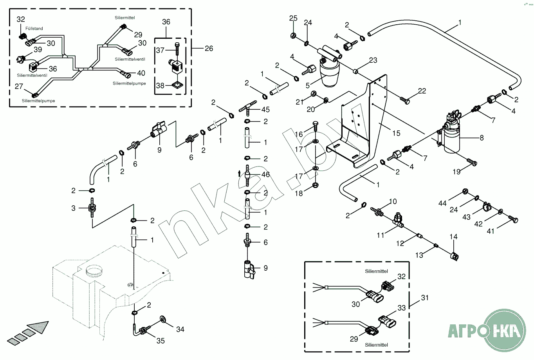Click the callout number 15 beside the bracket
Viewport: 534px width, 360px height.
pos(396,133)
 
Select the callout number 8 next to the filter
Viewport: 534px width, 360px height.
pos(482,137)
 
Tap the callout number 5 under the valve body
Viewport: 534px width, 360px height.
pos(308,85)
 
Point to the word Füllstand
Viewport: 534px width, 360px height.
pos(34,29)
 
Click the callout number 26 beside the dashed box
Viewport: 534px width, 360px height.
pos(209,48)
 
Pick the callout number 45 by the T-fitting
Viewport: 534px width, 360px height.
pos(265,110)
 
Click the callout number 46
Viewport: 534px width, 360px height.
pos(265,175)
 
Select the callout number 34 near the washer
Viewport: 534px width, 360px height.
pos(180,329)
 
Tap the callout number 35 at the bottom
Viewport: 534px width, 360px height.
pos(161,341)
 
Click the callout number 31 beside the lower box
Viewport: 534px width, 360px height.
pos(425,298)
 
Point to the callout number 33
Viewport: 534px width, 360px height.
pos(402,308)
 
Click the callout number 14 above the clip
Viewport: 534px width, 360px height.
pos(453,237)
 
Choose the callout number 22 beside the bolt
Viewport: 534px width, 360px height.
pos(422,91)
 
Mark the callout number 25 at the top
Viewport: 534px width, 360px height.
pos(293,18)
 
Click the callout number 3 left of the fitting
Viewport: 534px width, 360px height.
pos(73,208)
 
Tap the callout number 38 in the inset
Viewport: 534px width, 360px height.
pos(160,85)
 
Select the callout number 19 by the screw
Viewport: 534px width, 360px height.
pos(456,172)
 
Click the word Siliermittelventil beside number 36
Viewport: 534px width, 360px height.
pos(32,75)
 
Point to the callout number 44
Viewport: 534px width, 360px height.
pos(442,203)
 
